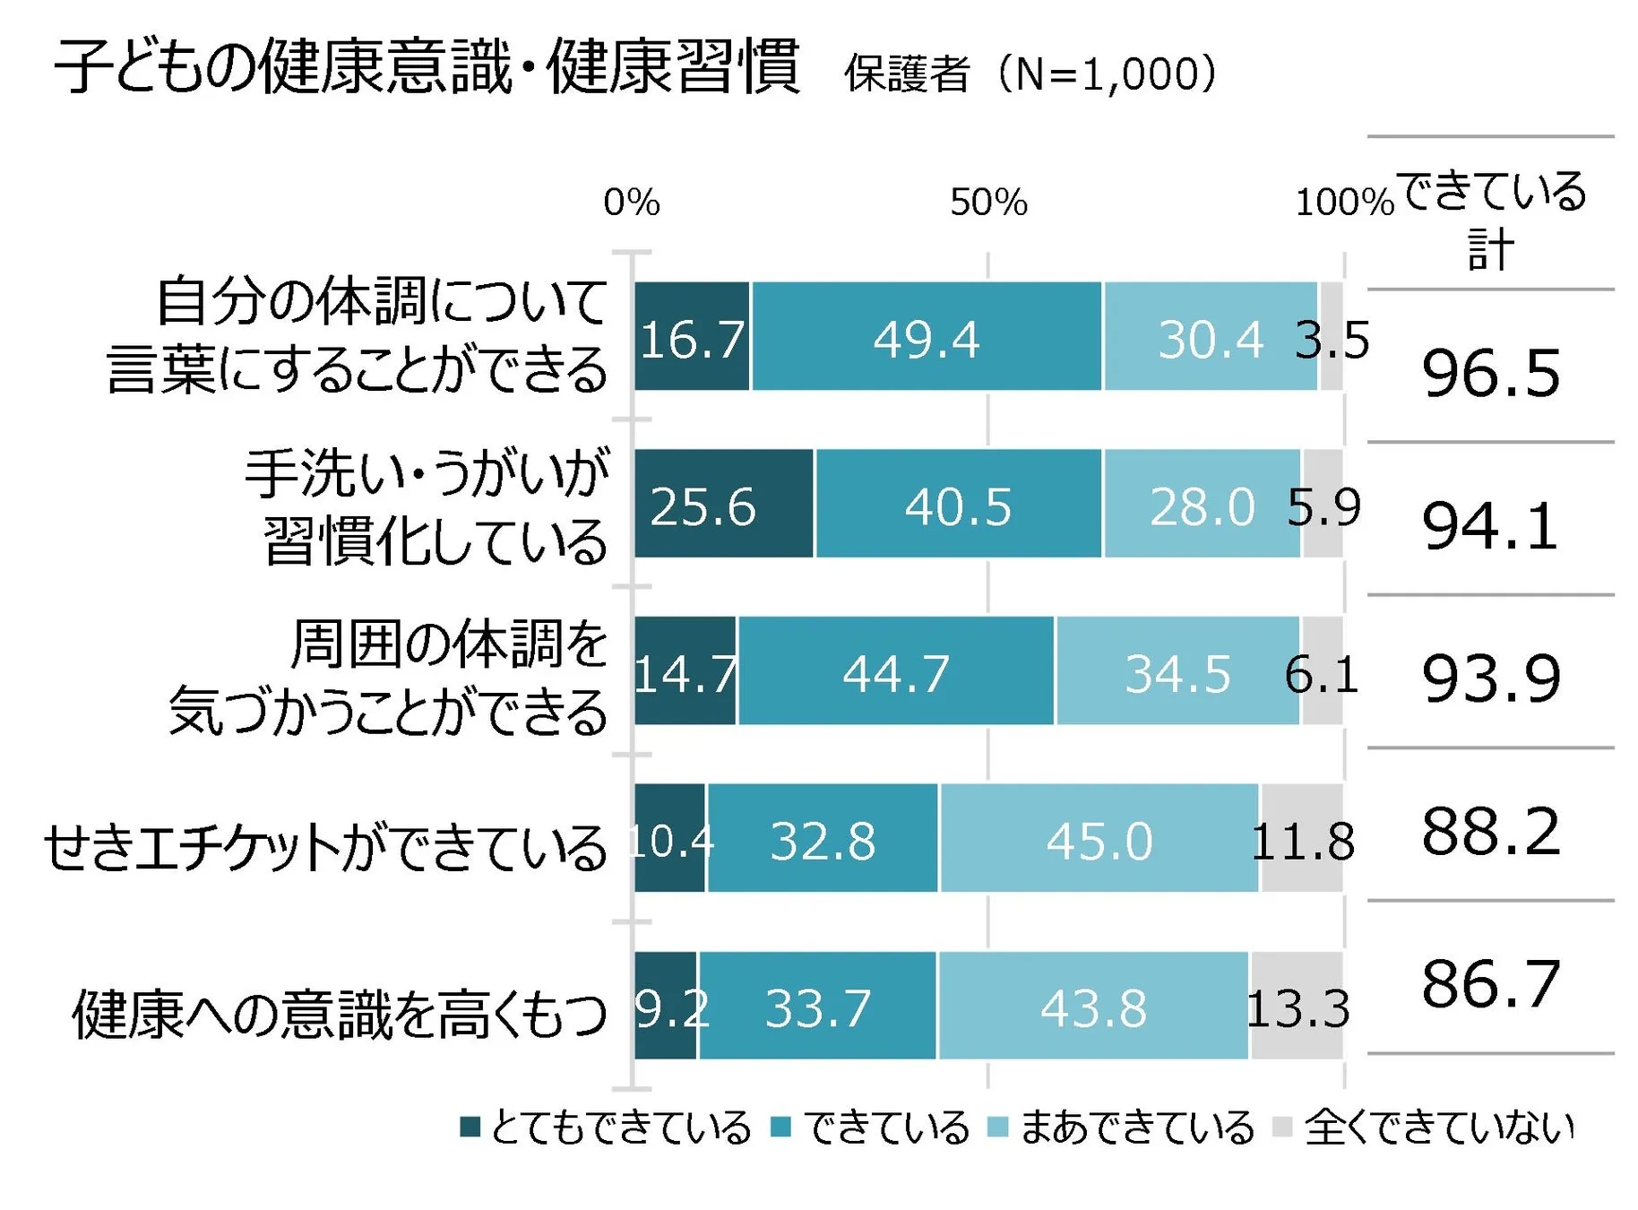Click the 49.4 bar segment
pos(926,337)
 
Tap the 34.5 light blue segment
pos(1177,671)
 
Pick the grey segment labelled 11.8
pos(1302,839)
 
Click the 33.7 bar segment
pos(817,1006)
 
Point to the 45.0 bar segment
pos(1099,839)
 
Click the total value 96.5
pos(1490,372)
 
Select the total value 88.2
pos(1490,830)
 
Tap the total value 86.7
pos(1490,982)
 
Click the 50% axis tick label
pos(987,202)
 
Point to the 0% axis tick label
pos(631,202)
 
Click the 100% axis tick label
pos(1343,202)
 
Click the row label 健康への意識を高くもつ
pos(339,1014)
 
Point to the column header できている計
pos(1490,219)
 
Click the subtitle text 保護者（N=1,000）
pos(1030,73)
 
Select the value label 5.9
pos(1323,506)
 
